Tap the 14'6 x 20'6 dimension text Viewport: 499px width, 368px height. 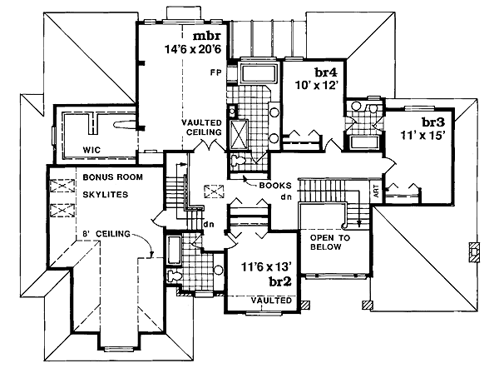pos(193,51)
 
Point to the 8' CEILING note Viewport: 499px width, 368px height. pos(108,234)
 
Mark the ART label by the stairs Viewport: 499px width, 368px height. pos(377,191)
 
